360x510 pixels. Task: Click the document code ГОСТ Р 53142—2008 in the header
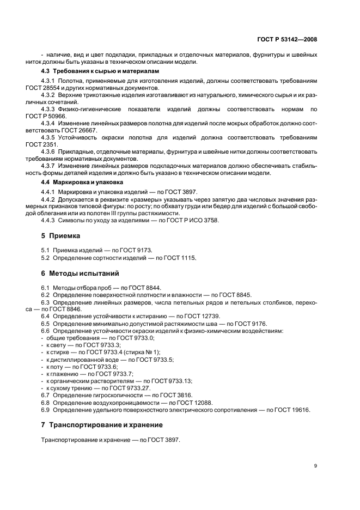tap(288, 40)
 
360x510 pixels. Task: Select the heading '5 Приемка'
tap(60, 236)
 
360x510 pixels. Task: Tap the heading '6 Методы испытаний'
tap(80, 273)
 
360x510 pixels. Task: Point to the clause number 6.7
tap(45, 395)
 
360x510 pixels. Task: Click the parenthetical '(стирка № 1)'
tap(143, 352)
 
